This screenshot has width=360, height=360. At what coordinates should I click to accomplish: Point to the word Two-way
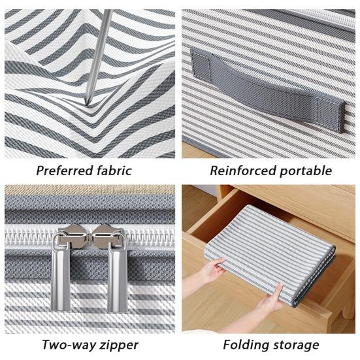point(67,344)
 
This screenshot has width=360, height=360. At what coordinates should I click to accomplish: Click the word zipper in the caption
point(118,345)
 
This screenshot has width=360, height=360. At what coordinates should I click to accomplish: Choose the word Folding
point(246,344)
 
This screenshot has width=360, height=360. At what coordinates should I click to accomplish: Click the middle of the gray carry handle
point(268,88)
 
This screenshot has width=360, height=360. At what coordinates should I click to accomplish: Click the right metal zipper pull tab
point(118,274)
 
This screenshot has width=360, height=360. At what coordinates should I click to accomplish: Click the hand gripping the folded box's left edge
point(212,269)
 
